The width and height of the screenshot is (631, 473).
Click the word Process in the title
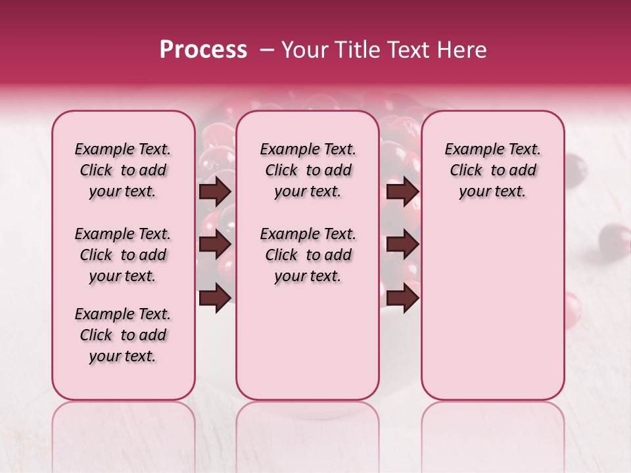point(203,50)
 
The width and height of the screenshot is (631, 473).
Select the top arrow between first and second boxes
point(215,192)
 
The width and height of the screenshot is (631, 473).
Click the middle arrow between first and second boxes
point(215,244)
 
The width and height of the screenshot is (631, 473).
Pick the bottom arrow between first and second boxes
point(215,297)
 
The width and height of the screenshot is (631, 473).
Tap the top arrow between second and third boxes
point(402,192)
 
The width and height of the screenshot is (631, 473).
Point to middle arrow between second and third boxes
point(402,244)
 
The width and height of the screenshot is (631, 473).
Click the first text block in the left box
point(123,170)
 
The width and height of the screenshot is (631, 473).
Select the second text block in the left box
point(123,255)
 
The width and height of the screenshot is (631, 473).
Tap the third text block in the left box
point(123,335)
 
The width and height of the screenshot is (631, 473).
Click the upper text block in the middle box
point(308,170)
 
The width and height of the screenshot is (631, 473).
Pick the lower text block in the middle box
point(308,255)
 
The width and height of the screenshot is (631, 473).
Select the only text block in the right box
point(492,170)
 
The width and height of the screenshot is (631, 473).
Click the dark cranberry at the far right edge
point(615,240)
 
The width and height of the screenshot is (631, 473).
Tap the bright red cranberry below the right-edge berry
point(572,309)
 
